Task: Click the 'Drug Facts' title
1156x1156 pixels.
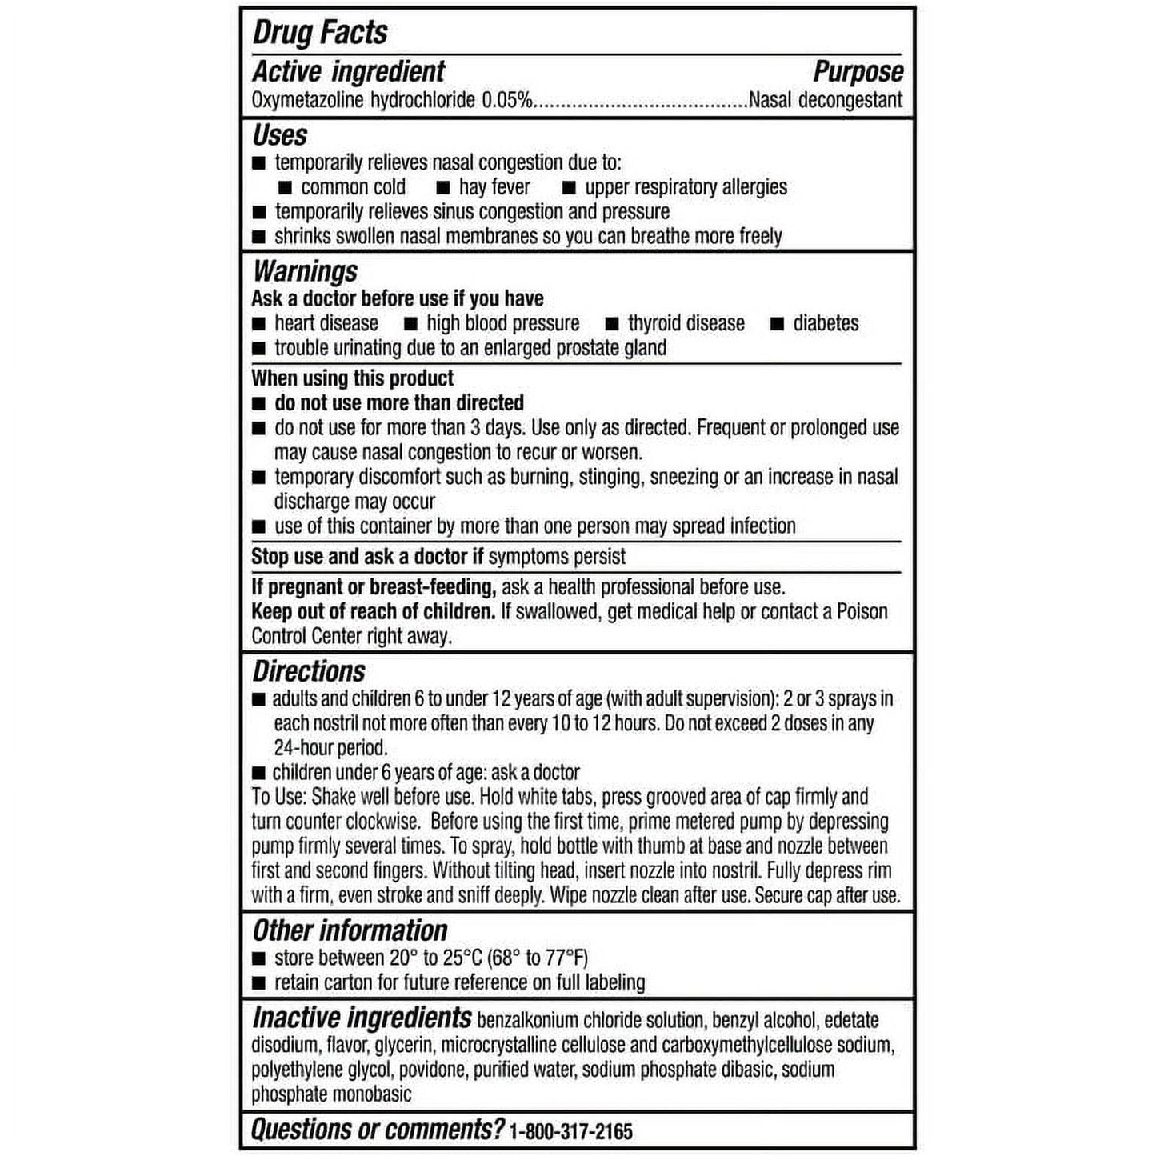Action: click(x=320, y=33)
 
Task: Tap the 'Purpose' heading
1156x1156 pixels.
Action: click(x=858, y=72)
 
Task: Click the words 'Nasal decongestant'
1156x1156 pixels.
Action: click(x=825, y=100)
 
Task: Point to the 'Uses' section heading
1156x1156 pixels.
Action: click(x=280, y=134)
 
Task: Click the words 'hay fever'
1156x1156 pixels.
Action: click(x=494, y=187)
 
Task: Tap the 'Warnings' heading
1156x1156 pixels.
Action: click(x=305, y=271)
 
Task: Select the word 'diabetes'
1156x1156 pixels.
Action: click(x=826, y=323)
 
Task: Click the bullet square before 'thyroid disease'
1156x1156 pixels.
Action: click(x=612, y=324)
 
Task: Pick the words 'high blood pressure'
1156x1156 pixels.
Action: click(x=502, y=323)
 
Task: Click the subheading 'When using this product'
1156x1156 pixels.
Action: click(x=352, y=378)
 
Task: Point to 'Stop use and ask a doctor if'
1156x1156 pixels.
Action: click(x=367, y=556)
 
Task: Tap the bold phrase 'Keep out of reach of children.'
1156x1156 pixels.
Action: click(x=373, y=611)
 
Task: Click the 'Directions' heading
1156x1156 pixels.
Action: click(x=309, y=671)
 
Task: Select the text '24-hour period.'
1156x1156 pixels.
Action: click(x=330, y=748)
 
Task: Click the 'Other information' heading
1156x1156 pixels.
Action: click(x=350, y=930)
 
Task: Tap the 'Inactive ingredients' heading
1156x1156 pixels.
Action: click(x=362, y=1018)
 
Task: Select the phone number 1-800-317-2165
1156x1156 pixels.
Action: click(x=570, y=1131)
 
